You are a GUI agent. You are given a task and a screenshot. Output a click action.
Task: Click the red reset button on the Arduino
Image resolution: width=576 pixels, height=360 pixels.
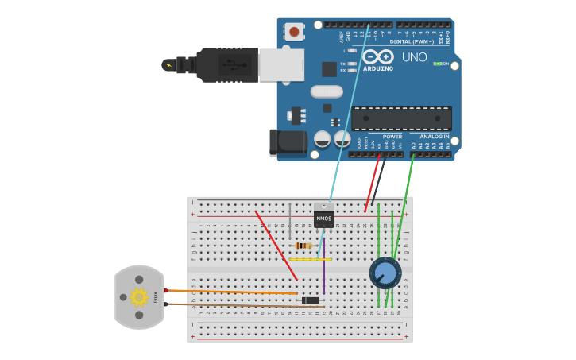tap(295, 32)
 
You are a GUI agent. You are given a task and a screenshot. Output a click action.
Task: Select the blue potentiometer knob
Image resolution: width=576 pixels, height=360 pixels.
tap(385, 273)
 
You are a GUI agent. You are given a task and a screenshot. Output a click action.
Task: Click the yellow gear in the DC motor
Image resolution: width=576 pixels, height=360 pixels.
tap(139, 297)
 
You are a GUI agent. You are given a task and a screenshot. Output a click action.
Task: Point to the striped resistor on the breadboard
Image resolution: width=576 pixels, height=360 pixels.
tap(303, 246)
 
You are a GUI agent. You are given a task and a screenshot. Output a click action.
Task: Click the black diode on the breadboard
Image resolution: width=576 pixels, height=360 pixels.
tap(311, 300)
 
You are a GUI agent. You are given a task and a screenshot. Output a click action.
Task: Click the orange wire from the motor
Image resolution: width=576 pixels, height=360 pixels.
tap(230, 292)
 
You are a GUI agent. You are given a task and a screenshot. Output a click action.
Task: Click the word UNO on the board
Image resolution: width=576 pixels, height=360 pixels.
tap(414, 57)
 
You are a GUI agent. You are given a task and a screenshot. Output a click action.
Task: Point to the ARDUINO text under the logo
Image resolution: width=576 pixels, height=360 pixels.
tap(378, 68)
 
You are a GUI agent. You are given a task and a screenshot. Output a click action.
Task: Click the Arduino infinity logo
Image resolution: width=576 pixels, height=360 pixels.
tap(378, 57)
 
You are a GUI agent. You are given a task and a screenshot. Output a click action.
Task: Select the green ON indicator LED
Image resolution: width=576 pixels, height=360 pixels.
tap(437, 64)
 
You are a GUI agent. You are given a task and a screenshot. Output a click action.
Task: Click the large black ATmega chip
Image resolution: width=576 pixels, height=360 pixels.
tap(402, 118)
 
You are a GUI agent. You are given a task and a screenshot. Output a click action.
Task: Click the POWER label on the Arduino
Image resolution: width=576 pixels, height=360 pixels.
tap(392, 137)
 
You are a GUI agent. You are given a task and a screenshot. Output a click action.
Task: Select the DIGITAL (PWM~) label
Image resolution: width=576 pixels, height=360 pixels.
tap(412, 41)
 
